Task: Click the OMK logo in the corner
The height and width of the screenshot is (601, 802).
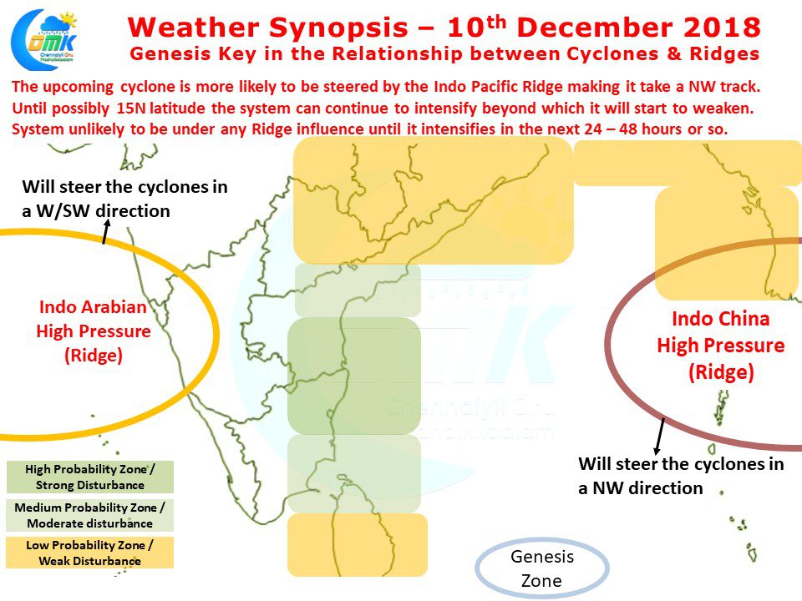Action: coord(44,38)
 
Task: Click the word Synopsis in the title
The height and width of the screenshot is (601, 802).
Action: coord(338,28)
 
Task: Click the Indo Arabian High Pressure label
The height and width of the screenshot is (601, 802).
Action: coord(93,331)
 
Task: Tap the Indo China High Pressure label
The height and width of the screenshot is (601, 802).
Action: coord(721,346)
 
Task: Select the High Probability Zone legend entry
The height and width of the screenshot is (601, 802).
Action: coord(90,477)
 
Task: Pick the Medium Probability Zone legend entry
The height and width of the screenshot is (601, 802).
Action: coord(90,515)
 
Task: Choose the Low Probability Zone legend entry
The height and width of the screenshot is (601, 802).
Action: coord(90,553)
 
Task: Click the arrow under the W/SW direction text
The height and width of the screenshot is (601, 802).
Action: coord(106,231)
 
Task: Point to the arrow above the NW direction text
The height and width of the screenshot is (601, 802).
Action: coord(659,436)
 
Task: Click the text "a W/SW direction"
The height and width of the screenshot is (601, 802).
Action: coord(95,211)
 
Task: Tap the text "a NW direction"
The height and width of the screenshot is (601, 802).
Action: coord(641,488)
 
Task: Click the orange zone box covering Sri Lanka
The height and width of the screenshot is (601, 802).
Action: coord(357,545)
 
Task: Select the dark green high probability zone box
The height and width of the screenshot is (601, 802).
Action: coord(354,376)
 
